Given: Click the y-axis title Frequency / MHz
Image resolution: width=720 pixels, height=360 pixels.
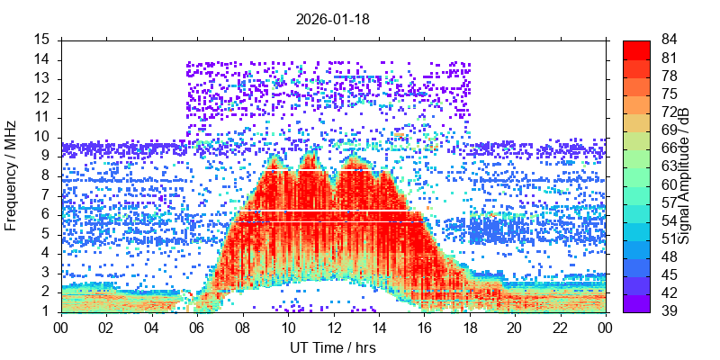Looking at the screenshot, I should (x=12, y=175).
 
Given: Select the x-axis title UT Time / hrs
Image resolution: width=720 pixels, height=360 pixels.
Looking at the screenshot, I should (x=333, y=347).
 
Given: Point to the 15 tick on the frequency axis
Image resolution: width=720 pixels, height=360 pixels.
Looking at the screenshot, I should (x=42, y=40).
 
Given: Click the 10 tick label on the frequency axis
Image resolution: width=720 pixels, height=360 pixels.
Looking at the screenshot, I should (x=42, y=137).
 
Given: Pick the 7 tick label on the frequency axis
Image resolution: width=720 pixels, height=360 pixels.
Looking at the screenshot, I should (x=46, y=195).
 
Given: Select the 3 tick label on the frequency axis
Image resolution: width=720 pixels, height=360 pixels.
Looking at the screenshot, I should (x=46, y=273).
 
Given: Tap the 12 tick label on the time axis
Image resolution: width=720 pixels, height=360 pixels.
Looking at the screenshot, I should (x=333, y=328).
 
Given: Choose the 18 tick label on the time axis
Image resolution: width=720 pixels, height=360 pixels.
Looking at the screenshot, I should (x=469, y=328).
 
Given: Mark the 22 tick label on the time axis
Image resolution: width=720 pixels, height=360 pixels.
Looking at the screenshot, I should (x=559, y=328).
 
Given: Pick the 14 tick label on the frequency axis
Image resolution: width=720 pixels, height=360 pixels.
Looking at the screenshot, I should (x=42, y=59).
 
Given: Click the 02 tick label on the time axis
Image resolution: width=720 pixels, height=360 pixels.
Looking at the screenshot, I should (x=107, y=328).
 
